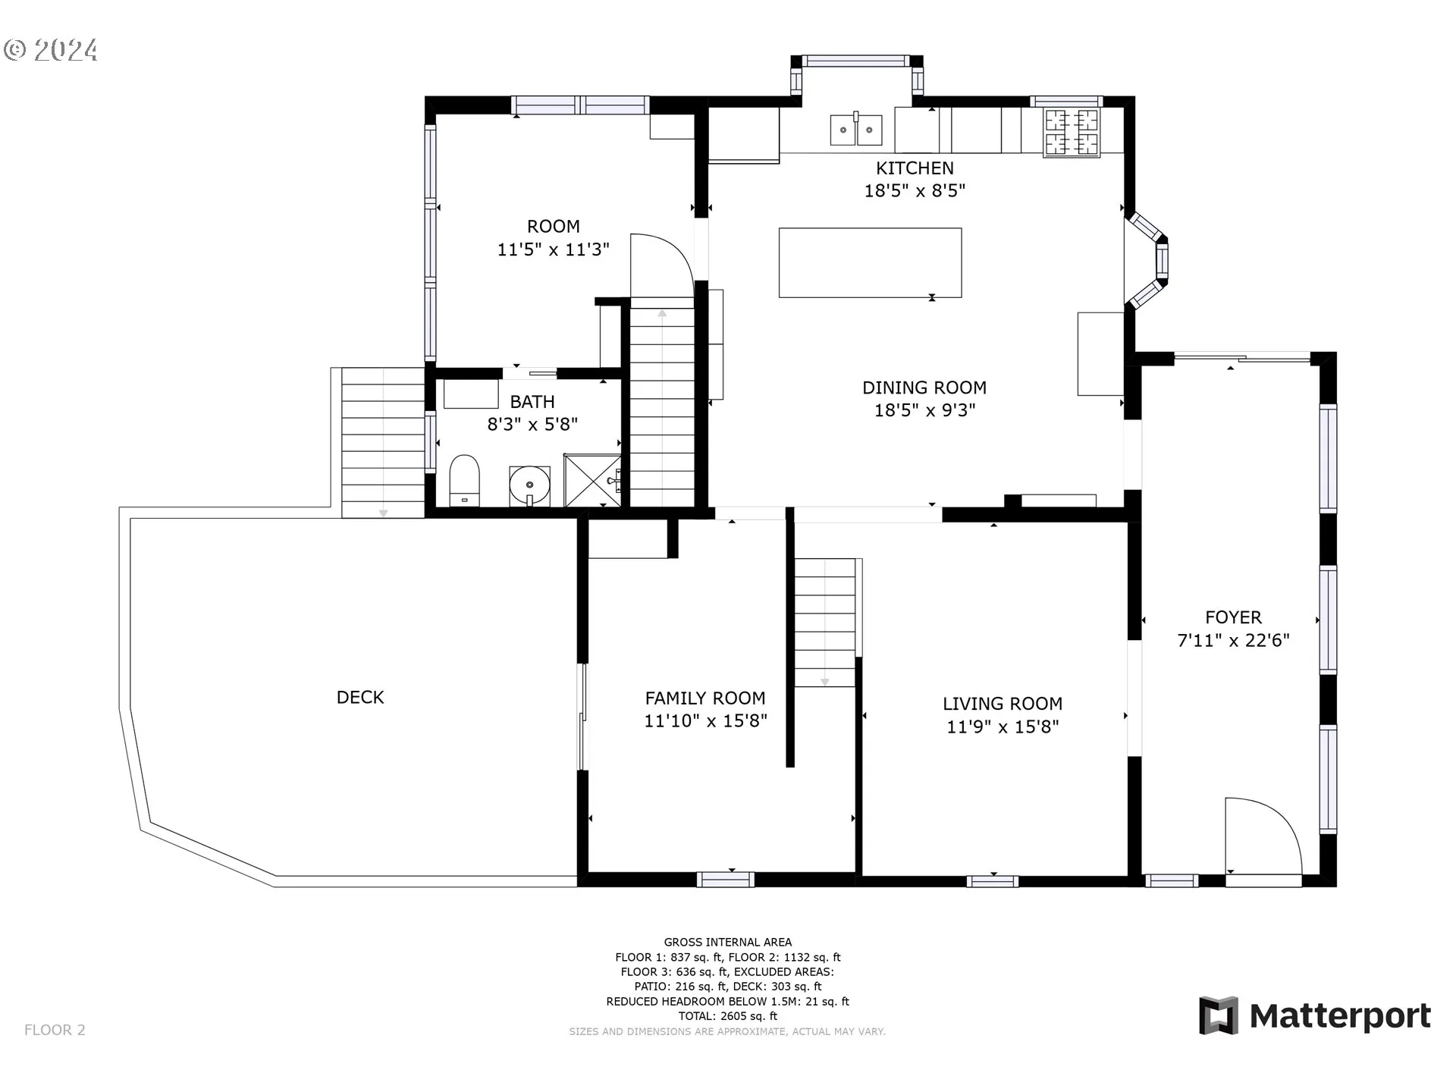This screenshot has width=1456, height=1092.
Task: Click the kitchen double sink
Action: [856, 128]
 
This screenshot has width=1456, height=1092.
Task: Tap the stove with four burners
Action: [1072, 132]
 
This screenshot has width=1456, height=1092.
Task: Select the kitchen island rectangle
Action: [871, 262]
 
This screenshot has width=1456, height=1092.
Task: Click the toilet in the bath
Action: [464, 480]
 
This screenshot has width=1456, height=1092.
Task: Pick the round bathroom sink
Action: [529, 485]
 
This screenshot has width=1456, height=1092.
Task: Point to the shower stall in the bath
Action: [592, 480]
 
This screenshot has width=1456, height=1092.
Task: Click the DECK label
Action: [360, 697]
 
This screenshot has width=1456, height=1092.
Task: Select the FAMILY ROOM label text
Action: [705, 698]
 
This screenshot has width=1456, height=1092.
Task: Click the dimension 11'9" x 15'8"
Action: [1003, 726]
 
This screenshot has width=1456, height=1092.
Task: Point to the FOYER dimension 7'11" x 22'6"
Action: [1233, 640]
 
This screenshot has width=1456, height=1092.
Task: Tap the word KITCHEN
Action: [915, 168]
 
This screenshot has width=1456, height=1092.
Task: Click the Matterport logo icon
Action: [1219, 1015]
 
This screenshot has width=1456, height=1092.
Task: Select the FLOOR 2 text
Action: [55, 1030]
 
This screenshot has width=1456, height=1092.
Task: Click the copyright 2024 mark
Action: [51, 50]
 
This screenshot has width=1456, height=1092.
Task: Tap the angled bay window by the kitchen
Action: [1147, 260]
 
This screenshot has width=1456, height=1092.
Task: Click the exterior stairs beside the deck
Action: [383, 443]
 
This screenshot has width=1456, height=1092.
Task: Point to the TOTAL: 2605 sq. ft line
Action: [728, 1016]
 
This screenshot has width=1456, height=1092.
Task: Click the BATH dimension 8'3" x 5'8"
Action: [532, 424]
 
